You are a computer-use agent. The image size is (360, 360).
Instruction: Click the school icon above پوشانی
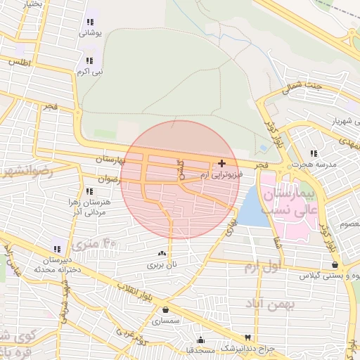click(89, 21)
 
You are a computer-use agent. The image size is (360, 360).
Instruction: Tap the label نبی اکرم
click(89, 72)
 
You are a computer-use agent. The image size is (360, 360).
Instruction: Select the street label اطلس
click(22, 63)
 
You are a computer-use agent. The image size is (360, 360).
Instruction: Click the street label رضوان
click(110, 179)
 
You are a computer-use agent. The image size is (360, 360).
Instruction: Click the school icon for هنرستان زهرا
click(89, 191)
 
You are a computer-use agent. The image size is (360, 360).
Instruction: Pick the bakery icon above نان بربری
click(163, 254)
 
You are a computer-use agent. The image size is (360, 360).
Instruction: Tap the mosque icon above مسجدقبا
click(200, 339)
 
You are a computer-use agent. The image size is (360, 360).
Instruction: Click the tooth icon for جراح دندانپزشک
click(247, 337)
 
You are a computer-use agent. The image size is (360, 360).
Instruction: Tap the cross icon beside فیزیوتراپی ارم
click(222, 163)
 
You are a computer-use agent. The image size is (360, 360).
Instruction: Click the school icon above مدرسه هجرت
click(313, 153)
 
